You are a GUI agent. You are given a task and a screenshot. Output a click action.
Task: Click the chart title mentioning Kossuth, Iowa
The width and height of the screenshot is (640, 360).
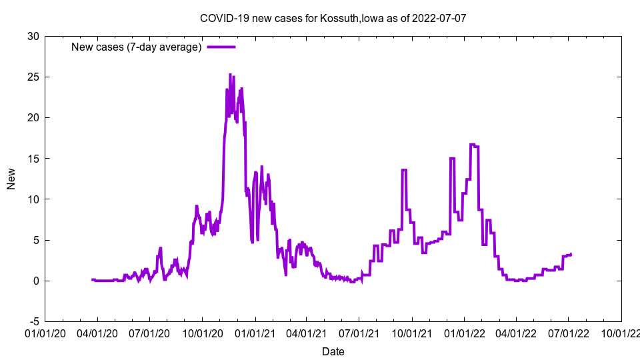click(x=333, y=18)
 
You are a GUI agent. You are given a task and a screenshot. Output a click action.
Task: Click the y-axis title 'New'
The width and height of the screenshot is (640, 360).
click(x=11, y=179)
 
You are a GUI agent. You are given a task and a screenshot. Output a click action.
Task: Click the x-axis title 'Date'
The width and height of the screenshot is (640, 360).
click(x=333, y=351)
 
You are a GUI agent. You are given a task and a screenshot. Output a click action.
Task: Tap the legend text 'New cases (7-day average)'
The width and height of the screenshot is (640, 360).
click(x=136, y=47)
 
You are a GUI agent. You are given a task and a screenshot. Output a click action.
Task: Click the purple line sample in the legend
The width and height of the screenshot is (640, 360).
click(x=221, y=47)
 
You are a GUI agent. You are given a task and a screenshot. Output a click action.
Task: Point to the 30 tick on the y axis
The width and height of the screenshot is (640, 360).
click(x=33, y=36)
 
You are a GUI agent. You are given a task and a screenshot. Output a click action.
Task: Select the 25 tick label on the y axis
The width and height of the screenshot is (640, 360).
click(x=33, y=77)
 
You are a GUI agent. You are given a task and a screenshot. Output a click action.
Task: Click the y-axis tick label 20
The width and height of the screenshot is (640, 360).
click(x=33, y=117)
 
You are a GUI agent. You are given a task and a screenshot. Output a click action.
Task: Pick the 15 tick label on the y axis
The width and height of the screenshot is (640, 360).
click(x=33, y=158)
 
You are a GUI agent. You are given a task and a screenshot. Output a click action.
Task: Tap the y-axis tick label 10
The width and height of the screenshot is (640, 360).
click(x=33, y=199)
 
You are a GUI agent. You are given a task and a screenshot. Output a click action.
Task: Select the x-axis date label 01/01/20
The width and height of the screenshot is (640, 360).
click(x=45, y=333)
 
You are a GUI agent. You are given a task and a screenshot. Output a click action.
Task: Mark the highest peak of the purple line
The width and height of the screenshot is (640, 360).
click(x=230, y=75)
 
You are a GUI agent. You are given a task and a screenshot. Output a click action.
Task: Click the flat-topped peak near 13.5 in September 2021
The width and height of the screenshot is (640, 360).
click(x=404, y=170)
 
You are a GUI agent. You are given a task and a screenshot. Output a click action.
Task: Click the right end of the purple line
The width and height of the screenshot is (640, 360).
click(x=571, y=254)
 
